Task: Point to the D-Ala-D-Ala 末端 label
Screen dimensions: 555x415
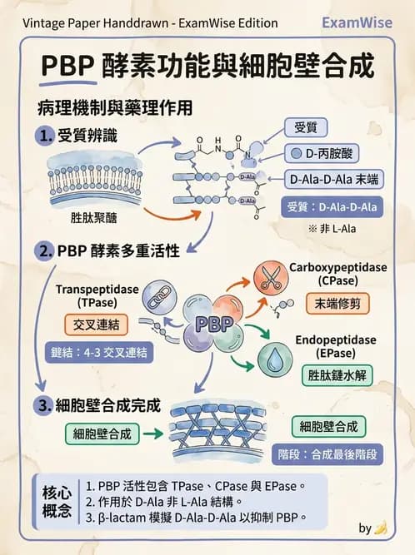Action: (328, 180)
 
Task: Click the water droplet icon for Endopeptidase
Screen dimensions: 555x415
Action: (271, 359)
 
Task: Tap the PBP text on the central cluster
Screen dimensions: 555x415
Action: (213, 325)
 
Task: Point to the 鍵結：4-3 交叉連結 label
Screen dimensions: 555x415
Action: (97, 352)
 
